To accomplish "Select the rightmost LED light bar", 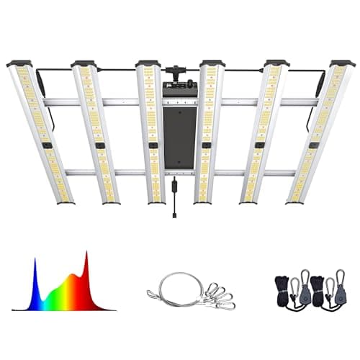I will tap(318, 133).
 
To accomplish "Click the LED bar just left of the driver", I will tap(151, 133).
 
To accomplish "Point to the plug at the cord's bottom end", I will tap(175, 213).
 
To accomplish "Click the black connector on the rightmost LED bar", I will tap(315, 145).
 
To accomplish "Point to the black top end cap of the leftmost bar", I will tap(19, 63).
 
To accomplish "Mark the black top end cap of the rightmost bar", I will tap(342, 63).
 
